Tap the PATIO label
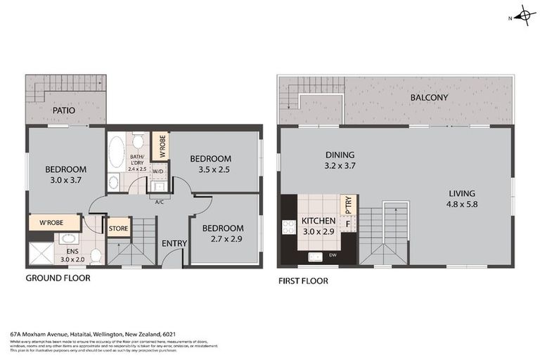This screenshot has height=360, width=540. point(63,110)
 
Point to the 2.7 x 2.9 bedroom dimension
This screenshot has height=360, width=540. point(223,240)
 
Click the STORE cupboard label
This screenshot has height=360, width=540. point(117,227)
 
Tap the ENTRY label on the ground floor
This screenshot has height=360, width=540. point(174,243)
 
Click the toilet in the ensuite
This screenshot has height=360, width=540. point(96,255)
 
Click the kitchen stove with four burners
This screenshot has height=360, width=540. point(288,226)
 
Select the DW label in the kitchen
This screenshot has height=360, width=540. point(330,255)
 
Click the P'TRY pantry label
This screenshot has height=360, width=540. point(347,205)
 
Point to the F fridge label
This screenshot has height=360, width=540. point(347,223)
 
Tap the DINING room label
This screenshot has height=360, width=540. point(340,155)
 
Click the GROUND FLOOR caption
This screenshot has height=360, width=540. point(58,278)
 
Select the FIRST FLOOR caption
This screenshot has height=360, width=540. point(303,281)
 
